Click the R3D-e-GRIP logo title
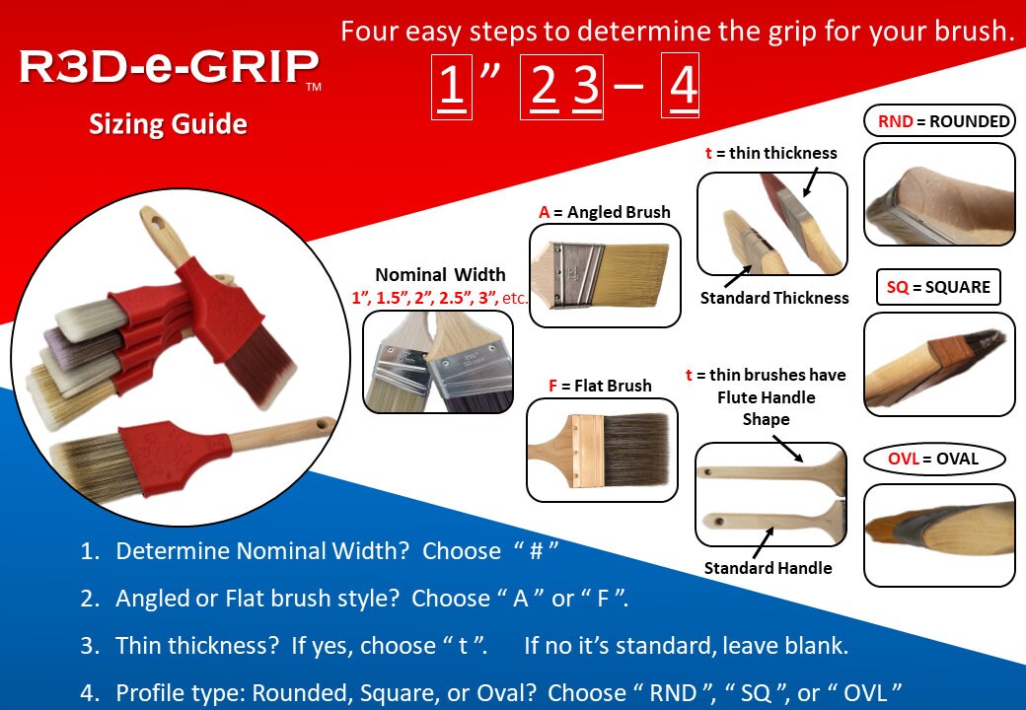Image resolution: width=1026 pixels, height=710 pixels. pos(169,68)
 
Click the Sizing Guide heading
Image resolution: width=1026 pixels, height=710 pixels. pos(168,125)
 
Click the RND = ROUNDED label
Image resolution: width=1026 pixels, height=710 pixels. pos(939,121)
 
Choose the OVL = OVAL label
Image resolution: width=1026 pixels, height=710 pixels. pos(932,459)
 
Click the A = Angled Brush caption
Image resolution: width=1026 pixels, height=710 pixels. pos(604,212)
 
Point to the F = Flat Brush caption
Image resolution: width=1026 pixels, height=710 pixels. pos(600,386)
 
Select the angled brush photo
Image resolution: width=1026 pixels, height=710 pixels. pos(605,275)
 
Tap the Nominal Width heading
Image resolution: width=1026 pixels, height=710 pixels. pos(440,275)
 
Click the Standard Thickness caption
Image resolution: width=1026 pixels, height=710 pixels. pos(774,298)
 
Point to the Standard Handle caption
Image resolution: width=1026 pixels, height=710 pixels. pos(768,567)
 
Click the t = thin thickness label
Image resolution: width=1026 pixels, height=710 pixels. pos(769,153)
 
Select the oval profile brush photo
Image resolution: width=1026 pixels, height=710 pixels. pos(939,534)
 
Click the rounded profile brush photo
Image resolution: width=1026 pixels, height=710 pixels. pos(939,194)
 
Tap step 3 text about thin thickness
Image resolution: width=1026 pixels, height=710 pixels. pos(481,646)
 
